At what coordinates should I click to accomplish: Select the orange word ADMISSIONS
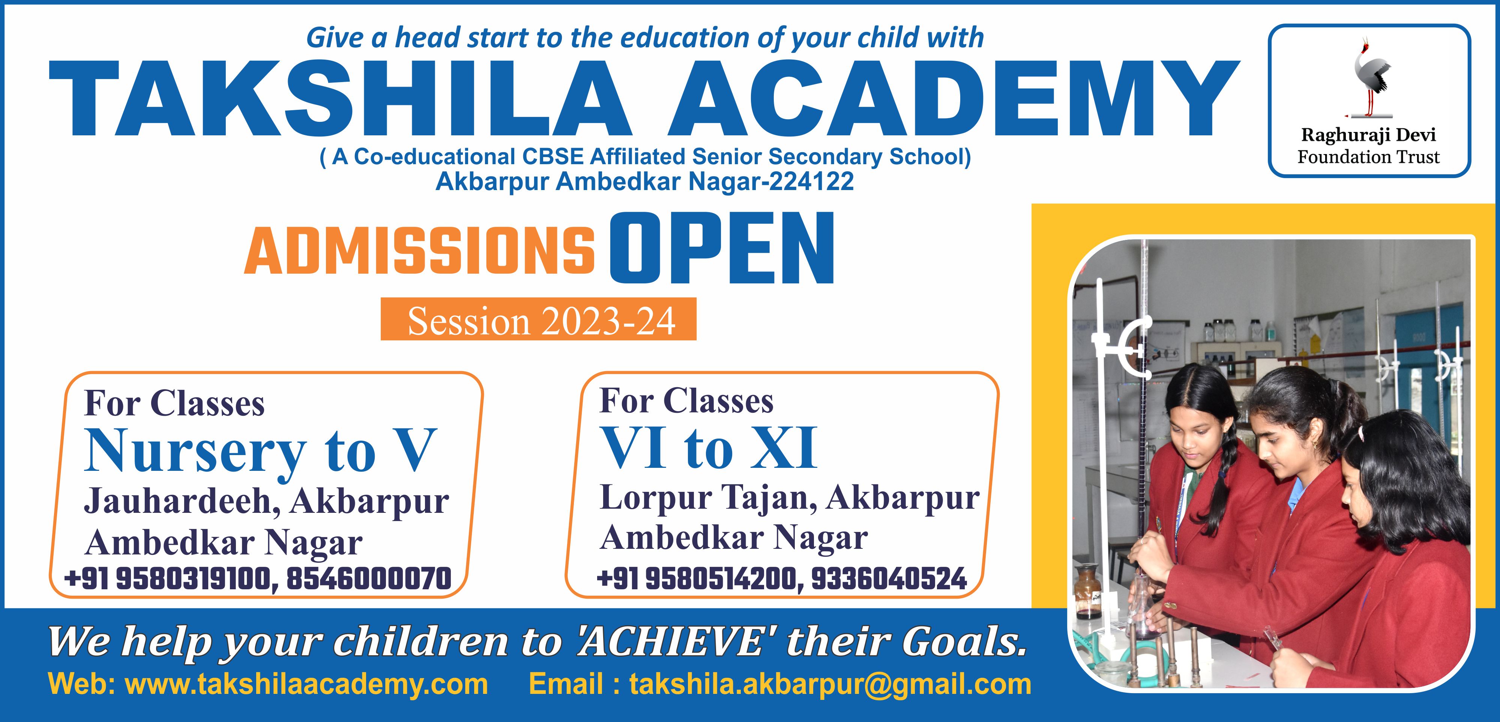point(419,251)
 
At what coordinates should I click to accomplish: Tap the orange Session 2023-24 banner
point(539,319)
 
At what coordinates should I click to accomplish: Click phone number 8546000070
point(369,579)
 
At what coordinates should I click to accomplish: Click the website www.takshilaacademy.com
point(307,684)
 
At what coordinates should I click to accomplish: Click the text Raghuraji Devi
point(1368,135)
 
